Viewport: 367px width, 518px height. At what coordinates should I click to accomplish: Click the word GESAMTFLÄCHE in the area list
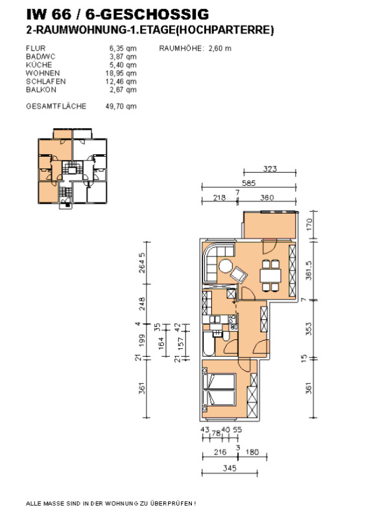tap(56, 106)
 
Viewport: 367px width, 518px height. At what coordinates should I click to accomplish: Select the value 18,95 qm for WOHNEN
tap(121, 73)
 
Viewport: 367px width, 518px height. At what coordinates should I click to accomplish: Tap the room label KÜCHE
tap(39, 65)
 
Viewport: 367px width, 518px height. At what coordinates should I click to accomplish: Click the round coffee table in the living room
tap(226, 266)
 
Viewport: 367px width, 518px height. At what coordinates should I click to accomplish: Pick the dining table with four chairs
tap(270, 276)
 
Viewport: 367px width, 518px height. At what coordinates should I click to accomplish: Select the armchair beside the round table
tap(239, 275)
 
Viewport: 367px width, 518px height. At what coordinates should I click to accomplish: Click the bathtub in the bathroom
tap(209, 344)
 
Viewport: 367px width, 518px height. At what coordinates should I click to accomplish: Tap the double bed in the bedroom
tap(219, 389)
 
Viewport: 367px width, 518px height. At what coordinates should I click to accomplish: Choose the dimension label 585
tap(248, 183)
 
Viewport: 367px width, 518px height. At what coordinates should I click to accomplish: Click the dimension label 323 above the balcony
tap(270, 169)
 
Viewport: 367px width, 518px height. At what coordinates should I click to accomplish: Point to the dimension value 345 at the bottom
tap(230, 468)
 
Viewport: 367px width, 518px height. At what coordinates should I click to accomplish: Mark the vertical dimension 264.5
tap(141, 263)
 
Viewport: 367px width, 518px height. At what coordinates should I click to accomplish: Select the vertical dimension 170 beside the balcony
tap(309, 225)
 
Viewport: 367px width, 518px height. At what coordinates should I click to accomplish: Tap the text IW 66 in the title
tap(49, 14)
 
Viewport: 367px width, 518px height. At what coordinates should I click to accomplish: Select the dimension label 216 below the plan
tap(220, 451)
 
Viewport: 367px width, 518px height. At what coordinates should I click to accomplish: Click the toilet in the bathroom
tap(226, 336)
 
